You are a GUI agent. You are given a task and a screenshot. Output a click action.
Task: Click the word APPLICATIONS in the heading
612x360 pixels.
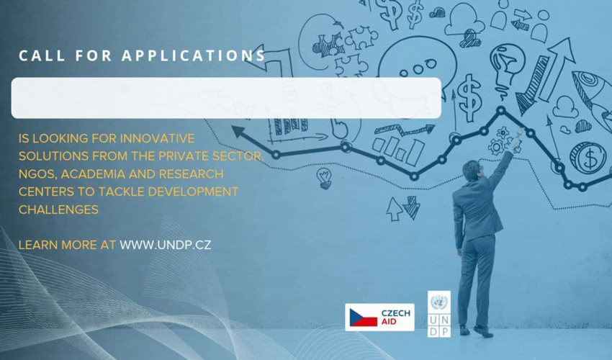(x=194, y=55)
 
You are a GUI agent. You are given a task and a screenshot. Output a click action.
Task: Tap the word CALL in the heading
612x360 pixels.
(x=42, y=55)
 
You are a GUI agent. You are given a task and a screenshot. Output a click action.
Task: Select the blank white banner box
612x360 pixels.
(x=226, y=98)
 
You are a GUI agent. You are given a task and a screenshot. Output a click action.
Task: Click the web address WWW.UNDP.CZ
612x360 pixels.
(x=165, y=245)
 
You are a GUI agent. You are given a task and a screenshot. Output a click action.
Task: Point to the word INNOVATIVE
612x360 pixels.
(x=157, y=138)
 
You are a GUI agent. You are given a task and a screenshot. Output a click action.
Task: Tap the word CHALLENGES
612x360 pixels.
(x=58, y=210)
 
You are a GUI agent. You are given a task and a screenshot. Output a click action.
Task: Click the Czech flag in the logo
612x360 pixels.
(x=364, y=318)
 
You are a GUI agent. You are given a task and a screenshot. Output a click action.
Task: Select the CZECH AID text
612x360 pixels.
(x=396, y=318)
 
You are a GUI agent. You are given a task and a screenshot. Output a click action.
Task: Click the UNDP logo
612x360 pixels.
(x=439, y=313)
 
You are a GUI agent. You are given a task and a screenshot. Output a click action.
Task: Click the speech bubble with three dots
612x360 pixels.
(x=416, y=67)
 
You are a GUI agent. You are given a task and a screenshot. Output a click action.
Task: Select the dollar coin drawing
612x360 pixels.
(x=588, y=158)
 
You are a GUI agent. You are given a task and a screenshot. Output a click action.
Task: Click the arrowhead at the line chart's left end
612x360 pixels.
(x=239, y=132)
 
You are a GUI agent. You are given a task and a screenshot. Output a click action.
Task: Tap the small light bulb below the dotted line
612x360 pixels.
(x=324, y=179)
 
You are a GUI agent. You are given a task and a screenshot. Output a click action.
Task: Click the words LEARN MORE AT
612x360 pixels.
(x=67, y=245)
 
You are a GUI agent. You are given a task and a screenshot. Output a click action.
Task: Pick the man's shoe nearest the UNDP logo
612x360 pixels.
(x=464, y=330)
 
